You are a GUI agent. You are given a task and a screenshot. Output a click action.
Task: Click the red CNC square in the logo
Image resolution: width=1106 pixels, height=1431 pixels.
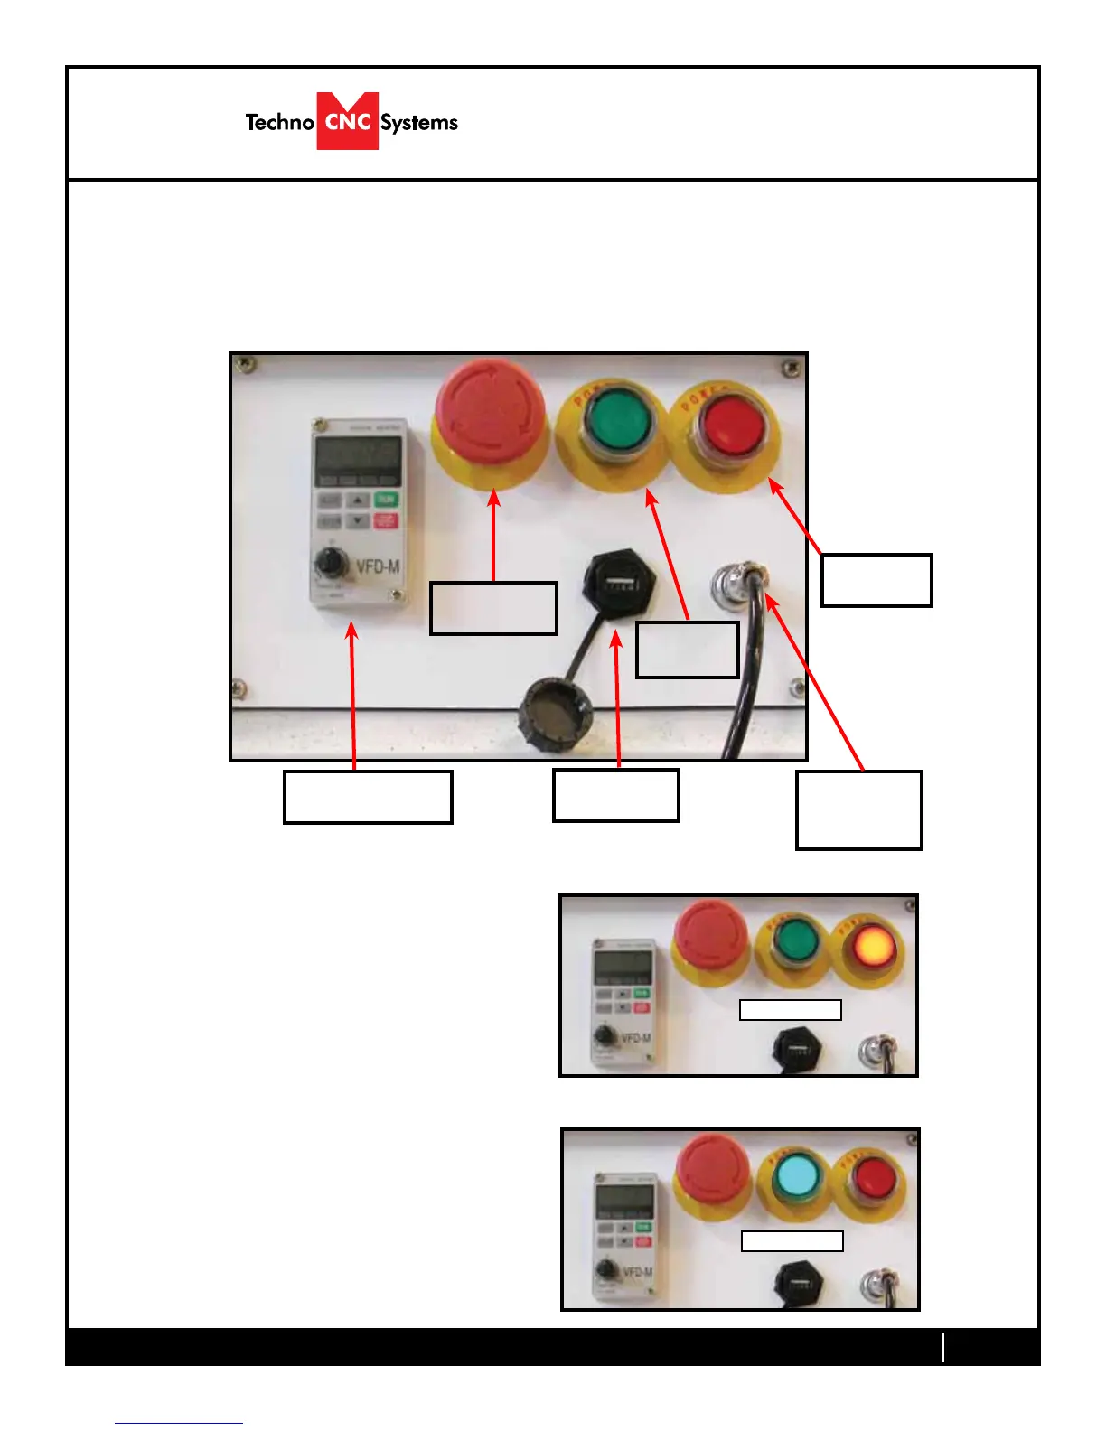(347, 121)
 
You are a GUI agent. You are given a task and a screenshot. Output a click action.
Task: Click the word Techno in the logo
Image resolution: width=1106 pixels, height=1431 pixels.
(279, 122)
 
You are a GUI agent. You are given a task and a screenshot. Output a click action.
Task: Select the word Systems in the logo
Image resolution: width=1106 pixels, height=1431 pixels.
(418, 123)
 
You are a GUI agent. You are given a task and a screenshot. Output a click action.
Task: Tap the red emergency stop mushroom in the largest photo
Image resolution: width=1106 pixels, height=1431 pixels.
(489, 411)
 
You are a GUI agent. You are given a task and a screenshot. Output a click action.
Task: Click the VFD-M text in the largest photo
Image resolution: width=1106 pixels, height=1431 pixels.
(378, 566)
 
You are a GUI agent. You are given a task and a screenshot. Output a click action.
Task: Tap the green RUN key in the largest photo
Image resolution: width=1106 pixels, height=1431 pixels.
(386, 500)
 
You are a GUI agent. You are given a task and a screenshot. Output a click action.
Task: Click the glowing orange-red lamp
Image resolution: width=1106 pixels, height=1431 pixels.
(873, 946)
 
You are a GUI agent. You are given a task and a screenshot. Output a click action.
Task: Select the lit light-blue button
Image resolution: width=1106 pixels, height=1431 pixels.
(797, 1178)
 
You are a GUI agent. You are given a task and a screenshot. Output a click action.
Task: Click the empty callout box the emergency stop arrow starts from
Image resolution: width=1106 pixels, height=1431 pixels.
(492, 608)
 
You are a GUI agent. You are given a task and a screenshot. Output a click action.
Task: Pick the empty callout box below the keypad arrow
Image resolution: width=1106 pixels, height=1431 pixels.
(367, 796)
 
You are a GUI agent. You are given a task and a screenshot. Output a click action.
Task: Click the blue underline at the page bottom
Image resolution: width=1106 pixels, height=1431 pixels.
(179, 1423)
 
